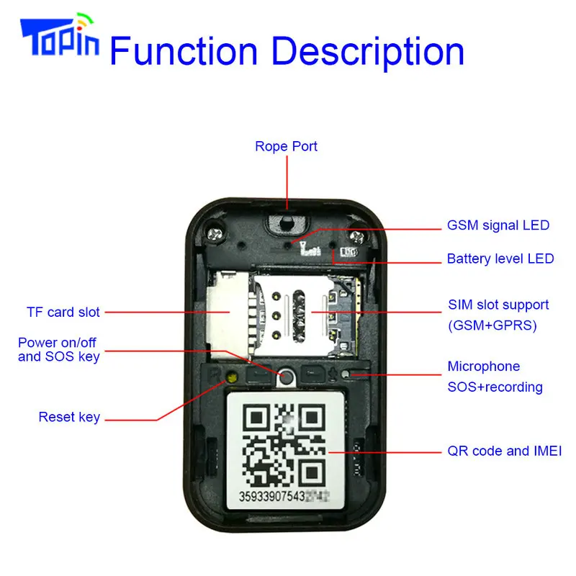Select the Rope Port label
pyautogui.click(x=286, y=147)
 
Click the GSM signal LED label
pyautogui.click(x=498, y=225)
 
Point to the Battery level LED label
pyautogui.click(x=500, y=258)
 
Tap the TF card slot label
pyautogui.click(x=63, y=312)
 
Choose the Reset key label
pyautogui.click(x=69, y=417)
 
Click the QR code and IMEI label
pyautogui.click(x=504, y=451)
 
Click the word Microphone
pyautogui.click(x=484, y=366)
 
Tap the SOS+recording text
pyautogui.click(x=495, y=387)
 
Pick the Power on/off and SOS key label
pyautogui.click(x=59, y=348)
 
